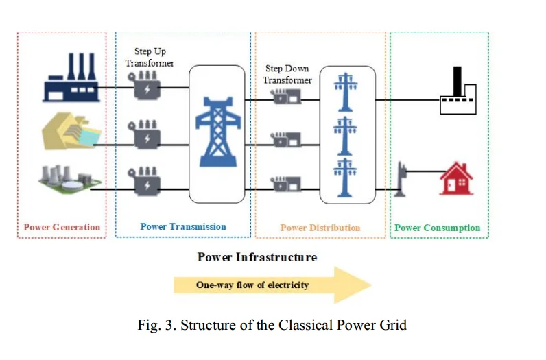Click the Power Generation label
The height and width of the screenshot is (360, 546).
tap(62, 227)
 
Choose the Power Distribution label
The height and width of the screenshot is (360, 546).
tap(320, 228)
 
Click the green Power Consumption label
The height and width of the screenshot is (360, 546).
tap(438, 228)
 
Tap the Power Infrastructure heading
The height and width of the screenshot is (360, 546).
tap(257, 257)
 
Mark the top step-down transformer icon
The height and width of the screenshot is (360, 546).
tap(285, 97)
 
